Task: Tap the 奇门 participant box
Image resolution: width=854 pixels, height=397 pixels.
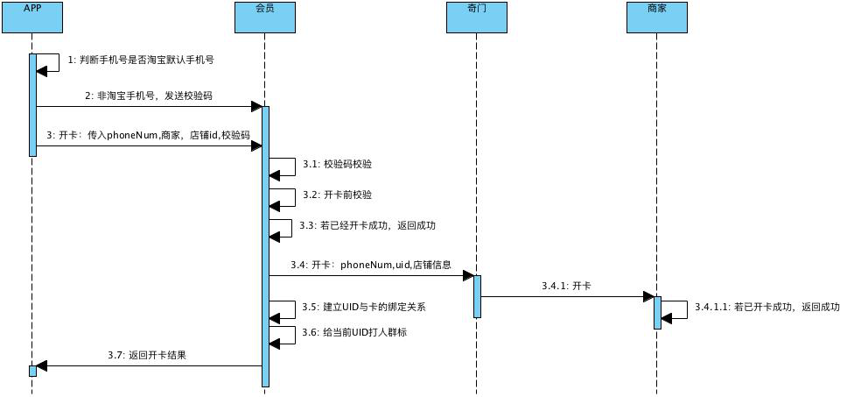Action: click(477, 17)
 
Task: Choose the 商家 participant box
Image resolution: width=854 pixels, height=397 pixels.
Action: click(657, 17)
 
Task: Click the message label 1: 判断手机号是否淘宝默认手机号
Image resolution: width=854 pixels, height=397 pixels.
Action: click(141, 60)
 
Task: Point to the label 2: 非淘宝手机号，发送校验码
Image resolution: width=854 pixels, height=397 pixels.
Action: click(149, 96)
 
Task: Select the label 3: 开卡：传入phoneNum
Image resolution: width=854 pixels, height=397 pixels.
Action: click(149, 136)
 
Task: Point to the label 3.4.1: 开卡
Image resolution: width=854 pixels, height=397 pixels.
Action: click(566, 286)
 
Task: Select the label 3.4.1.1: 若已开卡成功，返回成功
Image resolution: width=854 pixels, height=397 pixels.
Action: click(766, 307)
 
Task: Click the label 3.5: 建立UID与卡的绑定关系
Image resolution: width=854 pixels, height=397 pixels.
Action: click(363, 307)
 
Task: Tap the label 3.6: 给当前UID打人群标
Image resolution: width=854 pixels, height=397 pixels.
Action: click(353, 332)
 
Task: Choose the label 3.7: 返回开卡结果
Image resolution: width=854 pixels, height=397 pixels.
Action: click(147, 356)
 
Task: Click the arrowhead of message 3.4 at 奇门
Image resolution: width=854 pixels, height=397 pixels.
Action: click(467, 275)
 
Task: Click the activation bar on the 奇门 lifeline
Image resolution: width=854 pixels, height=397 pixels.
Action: click(477, 296)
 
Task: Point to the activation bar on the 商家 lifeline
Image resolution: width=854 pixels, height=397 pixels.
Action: click(657, 312)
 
